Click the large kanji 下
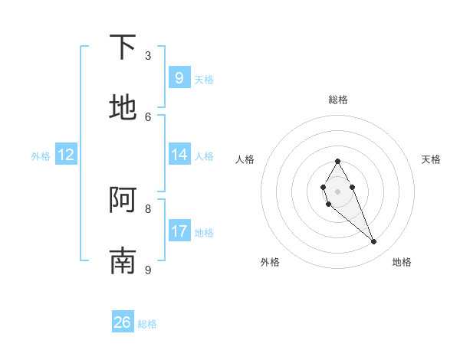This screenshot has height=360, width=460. point(123,47)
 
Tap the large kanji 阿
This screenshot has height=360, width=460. point(123,201)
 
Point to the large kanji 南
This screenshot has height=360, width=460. point(123,260)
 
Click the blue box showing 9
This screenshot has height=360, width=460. point(179,77)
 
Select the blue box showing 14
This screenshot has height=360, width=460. point(179,154)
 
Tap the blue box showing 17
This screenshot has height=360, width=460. point(179,231)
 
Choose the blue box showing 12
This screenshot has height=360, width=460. point(66,154)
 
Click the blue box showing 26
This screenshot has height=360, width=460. point(123,322)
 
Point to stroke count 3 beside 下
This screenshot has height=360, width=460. point(148,56)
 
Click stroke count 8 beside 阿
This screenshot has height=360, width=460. point(148,208)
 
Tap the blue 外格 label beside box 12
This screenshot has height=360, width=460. point(41,155)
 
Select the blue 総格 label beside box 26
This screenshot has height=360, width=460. point(147,324)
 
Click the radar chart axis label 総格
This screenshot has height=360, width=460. point(338,100)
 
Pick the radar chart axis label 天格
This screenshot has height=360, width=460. point(431,159)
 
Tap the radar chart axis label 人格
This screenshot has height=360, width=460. point(245,159)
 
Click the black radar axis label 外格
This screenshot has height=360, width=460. point(270,262)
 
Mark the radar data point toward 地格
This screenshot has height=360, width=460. point(374,242)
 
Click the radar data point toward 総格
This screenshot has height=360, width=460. point(337,161)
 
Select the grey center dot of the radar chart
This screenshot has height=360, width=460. point(337,191)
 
